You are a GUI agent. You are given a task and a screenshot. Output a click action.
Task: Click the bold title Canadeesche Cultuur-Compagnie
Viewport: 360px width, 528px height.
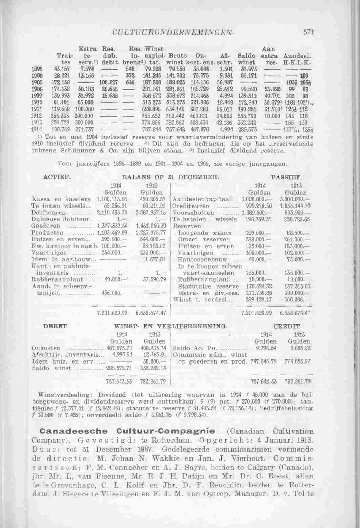point(127,431)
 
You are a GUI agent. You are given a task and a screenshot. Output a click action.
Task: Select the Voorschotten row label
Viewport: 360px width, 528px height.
point(194,213)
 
